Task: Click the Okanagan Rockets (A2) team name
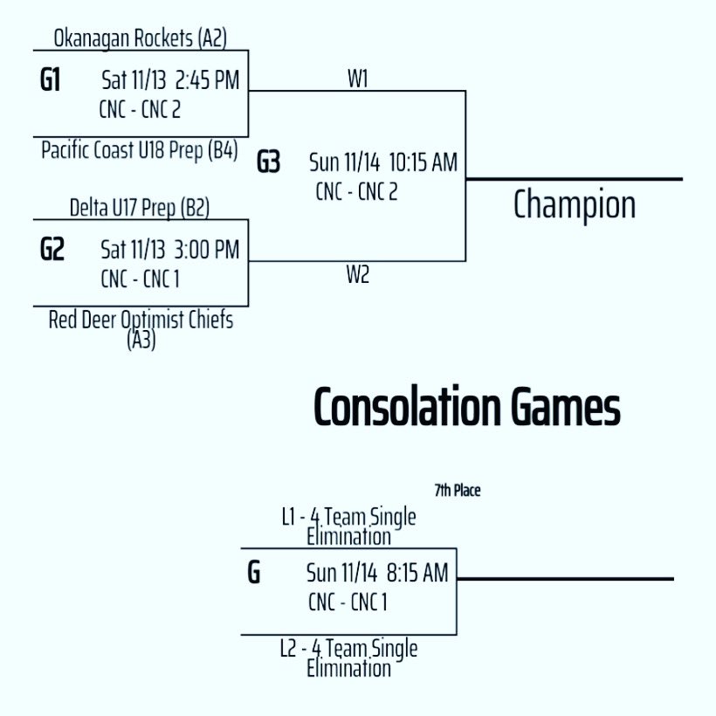(139, 38)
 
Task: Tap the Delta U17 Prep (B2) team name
(140, 208)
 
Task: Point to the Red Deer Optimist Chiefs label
(141, 320)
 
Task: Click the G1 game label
(51, 81)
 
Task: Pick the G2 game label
(52, 251)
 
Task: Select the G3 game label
(268, 162)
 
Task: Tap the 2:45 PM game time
(207, 81)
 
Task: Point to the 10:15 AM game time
(423, 162)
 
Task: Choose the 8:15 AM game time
(414, 573)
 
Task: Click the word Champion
(574, 205)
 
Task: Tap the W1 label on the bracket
(357, 79)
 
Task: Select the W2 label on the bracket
(357, 276)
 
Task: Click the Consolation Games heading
(466, 407)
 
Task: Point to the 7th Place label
(457, 491)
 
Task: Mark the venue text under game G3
(356, 192)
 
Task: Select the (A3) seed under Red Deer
(141, 340)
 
